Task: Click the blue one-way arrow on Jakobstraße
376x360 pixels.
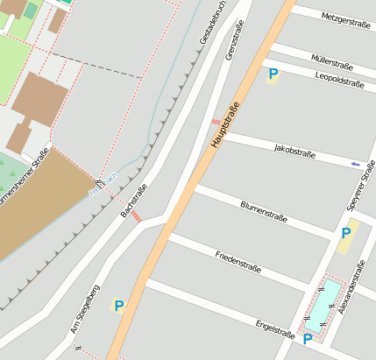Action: (355, 163)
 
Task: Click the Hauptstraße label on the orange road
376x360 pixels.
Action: (224, 125)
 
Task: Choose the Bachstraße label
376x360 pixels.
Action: (134, 201)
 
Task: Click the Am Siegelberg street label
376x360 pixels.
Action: (85, 309)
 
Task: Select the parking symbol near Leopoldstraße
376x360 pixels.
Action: (273, 76)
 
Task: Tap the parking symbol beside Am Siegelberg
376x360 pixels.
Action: (118, 306)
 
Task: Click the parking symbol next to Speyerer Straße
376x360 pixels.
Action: (347, 234)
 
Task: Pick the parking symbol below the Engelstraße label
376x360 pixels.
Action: (308, 338)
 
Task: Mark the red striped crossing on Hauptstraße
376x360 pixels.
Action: (216, 121)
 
